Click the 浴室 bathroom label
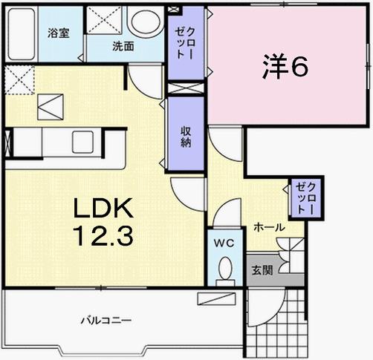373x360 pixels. click(59, 33)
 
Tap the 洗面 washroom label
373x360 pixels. click(123, 46)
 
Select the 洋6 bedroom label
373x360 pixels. click(284, 68)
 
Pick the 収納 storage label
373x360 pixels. click(185, 134)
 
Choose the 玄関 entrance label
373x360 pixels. click(261, 270)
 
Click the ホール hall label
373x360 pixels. click(267, 226)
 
